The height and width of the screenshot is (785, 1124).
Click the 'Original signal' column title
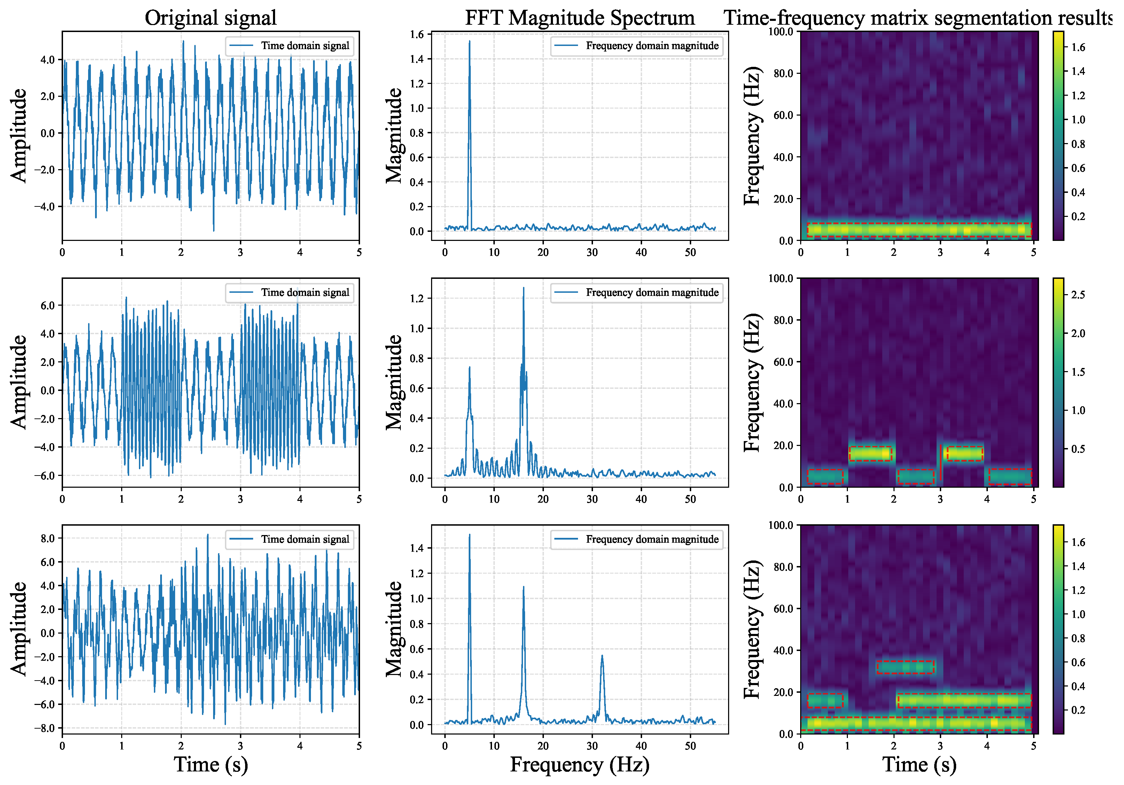211,18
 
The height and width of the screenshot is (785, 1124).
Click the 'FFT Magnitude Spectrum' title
580,18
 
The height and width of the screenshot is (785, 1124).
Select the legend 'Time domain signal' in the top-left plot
289,46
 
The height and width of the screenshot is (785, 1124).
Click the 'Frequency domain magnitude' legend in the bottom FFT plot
637,539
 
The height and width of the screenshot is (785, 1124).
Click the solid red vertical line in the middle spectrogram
940,462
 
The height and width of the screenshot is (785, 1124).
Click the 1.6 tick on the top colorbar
1078,47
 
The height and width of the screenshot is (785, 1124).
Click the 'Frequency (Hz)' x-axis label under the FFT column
580,764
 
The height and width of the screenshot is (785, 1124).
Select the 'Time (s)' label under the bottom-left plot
211,764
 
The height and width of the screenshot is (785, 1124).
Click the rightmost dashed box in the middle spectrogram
1010,477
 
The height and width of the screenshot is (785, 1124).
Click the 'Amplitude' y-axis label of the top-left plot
18,135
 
